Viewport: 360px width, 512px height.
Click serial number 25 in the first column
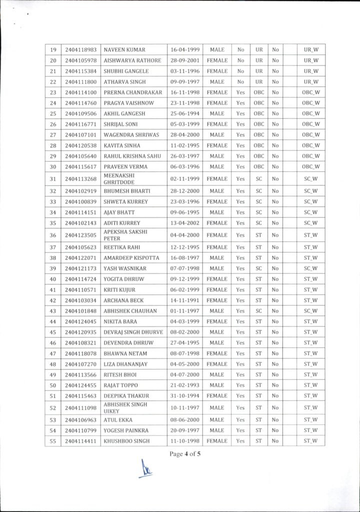click(x=53, y=113)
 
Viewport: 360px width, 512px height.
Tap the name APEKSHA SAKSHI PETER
click(x=120, y=235)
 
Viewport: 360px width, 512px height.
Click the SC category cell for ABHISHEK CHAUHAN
click(x=258, y=310)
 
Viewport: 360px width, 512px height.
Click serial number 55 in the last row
click(x=53, y=441)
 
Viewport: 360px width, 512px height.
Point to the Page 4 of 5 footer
click(x=184, y=454)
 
